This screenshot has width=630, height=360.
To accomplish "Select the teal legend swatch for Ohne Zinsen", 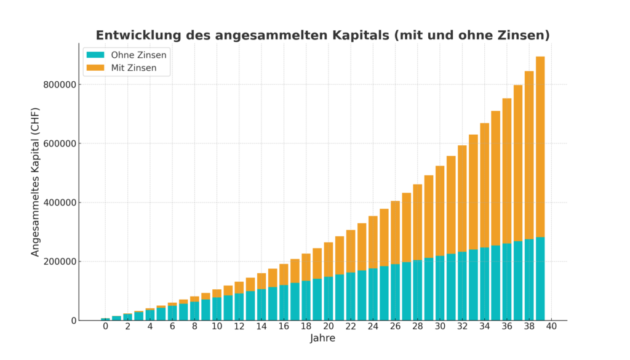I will click(95, 55).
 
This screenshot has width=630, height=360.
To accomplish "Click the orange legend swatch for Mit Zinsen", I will click(95, 68).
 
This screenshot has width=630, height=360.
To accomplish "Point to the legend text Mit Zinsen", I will click(134, 68).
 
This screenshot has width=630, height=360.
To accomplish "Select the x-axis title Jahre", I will click(322, 338).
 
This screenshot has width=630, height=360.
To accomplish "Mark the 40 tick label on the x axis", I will click(551, 327).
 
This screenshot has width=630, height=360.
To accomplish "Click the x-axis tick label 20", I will click(329, 327).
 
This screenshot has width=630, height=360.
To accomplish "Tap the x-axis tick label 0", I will click(106, 327).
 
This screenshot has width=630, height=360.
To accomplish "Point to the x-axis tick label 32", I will click(462, 327).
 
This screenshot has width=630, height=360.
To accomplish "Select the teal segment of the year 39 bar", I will click(540, 279).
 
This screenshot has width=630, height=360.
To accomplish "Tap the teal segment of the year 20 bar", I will click(329, 298).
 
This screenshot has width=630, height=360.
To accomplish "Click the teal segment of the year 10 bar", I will click(217, 309).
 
